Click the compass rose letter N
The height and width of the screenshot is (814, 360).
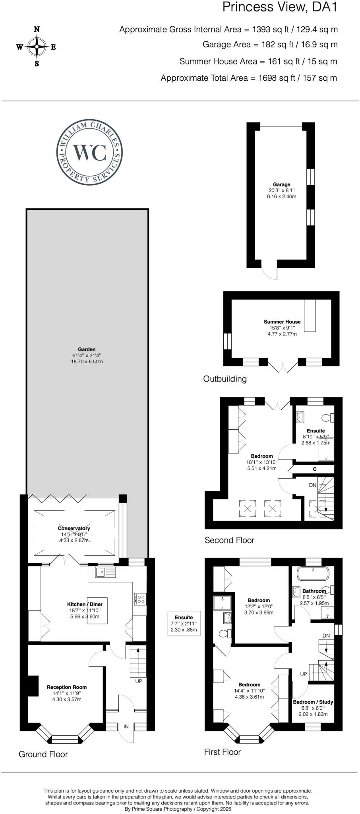click(x=37, y=29)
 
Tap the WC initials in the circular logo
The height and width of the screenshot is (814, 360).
click(x=89, y=152)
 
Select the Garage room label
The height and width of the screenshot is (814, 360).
click(x=281, y=184)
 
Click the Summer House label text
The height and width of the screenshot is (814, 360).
click(x=282, y=322)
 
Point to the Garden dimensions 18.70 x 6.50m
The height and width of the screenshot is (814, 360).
click(x=87, y=362)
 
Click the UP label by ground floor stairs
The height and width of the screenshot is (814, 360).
click(x=139, y=681)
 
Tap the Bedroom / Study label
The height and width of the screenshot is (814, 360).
click(x=313, y=702)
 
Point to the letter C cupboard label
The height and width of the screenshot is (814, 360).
click(x=314, y=469)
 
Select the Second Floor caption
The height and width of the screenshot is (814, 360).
click(x=229, y=540)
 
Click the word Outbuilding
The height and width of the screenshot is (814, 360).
click(x=225, y=379)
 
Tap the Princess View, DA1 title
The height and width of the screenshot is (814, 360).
click(x=279, y=7)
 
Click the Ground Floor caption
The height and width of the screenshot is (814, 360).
click(x=43, y=754)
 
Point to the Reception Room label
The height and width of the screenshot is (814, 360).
click(x=67, y=687)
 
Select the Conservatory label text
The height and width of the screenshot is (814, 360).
click(x=74, y=528)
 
